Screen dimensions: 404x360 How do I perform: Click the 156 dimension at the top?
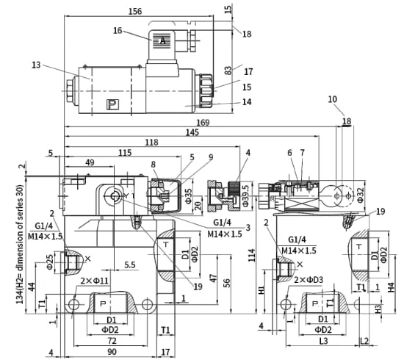135,11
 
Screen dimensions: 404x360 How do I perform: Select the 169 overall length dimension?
203,123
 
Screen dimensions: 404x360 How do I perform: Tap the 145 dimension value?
192,132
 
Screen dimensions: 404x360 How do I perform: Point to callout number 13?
36,65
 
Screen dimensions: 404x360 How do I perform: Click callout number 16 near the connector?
118,30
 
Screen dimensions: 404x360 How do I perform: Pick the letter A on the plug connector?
162,40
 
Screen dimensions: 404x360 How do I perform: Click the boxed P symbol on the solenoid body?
112,104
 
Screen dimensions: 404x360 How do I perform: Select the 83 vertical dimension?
228,70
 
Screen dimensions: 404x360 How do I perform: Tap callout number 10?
333,99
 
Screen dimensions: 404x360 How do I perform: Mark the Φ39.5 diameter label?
245,196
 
